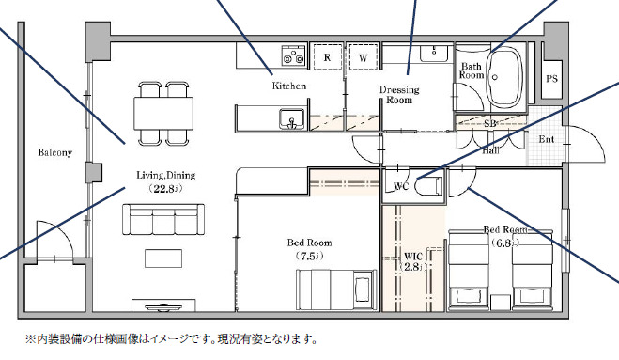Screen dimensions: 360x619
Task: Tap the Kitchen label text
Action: (289, 86)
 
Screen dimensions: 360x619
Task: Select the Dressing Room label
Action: (399, 95)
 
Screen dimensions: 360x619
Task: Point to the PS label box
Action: (551, 80)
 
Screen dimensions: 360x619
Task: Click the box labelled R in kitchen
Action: (326, 57)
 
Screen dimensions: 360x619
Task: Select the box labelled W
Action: (363, 57)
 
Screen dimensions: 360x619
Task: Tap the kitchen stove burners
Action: (293, 56)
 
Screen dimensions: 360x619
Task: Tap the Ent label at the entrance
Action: (546, 140)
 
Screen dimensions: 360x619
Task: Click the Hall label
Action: (489, 149)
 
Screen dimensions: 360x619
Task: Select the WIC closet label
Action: (414, 261)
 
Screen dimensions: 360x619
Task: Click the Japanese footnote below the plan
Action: (172, 338)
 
